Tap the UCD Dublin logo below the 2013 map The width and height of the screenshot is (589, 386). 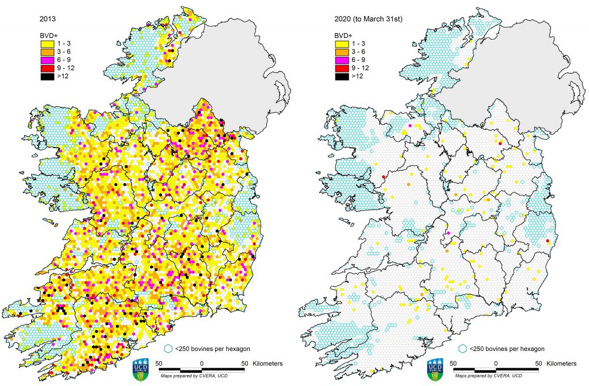coord(141,368)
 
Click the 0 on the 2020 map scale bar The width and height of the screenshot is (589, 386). coord(496,364)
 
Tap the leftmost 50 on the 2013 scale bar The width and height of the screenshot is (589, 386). coord(159,364)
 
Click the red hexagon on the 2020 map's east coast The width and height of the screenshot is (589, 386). coord(548,241)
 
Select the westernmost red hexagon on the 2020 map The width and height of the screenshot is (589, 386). coord(384,177)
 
